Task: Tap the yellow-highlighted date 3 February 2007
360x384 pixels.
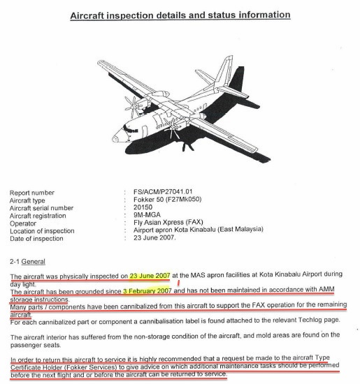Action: [148, 288]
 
